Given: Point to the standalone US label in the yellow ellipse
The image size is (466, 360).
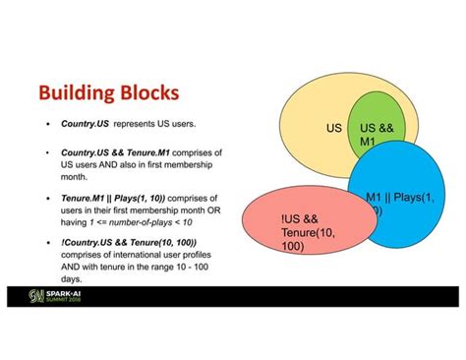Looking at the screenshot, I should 334,128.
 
